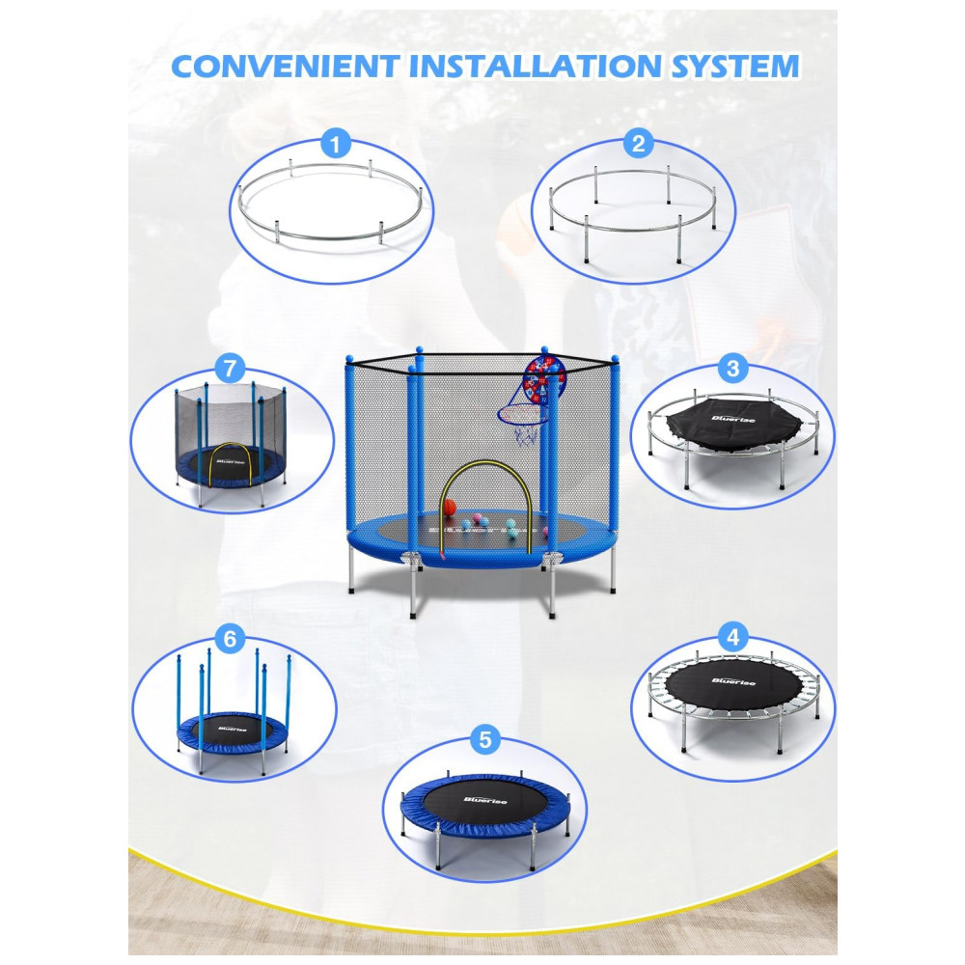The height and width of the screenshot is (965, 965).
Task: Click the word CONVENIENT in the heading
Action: click(286, 67)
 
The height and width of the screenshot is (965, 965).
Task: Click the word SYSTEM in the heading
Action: click(734, 67)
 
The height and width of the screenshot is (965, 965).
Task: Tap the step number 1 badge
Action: click(336, 146)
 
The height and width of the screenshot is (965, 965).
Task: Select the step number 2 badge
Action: click(638, 144)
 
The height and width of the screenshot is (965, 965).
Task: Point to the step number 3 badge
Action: click(733, 369)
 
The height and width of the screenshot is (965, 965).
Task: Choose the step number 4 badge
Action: click(733, 637)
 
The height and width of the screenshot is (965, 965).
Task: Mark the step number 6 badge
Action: click(230, 639)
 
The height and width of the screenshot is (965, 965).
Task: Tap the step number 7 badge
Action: click(230, 369)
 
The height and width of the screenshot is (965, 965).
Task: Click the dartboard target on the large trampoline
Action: click(543, 379)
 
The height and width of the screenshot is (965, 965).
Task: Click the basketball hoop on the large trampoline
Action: click(523, 423)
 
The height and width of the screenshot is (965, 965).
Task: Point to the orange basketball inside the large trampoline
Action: click(450, 508)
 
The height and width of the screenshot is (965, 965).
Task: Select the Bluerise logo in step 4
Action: click(733, 680)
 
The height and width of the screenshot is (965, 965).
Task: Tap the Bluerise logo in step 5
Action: click(485, 800)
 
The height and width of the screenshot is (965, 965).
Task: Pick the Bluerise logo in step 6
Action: click(232, 729)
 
